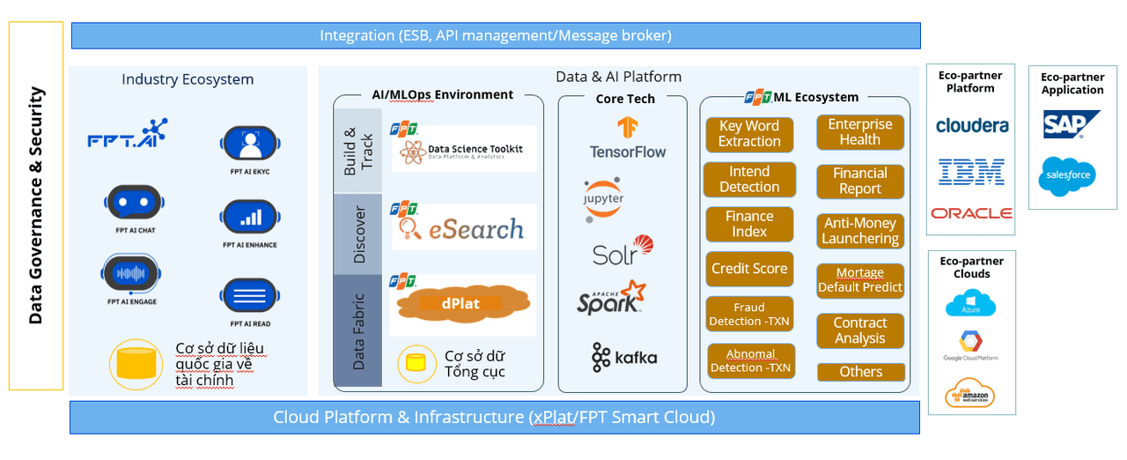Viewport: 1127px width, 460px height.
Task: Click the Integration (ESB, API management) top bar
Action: coord(495,36)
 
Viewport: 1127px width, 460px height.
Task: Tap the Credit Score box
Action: coord(749,269)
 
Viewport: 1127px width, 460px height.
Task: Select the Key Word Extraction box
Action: coord(749,134)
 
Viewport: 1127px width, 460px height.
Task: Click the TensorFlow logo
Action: coord(628,138)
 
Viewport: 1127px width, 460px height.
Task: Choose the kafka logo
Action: coord(624,357)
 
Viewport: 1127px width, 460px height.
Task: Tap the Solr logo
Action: coord(622,251)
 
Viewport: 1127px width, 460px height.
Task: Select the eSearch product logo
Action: coord(462,227)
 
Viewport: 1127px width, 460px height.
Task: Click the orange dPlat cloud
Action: coord(461,303)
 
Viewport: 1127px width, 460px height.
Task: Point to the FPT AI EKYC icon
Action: coord(249,143)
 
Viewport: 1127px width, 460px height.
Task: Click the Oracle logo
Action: coord(971,213)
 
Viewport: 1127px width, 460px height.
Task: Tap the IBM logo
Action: coord(971,172)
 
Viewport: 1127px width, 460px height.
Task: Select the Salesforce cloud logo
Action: coord(1067,175)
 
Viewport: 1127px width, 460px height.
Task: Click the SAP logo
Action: coord(1071,124)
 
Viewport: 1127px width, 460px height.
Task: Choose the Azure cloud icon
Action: coord(970,305)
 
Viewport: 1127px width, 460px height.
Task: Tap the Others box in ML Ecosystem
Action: coord(860,372)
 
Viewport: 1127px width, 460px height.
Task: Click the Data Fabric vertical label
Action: coord(358,330)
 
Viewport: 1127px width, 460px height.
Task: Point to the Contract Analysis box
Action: coord(860,330)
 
